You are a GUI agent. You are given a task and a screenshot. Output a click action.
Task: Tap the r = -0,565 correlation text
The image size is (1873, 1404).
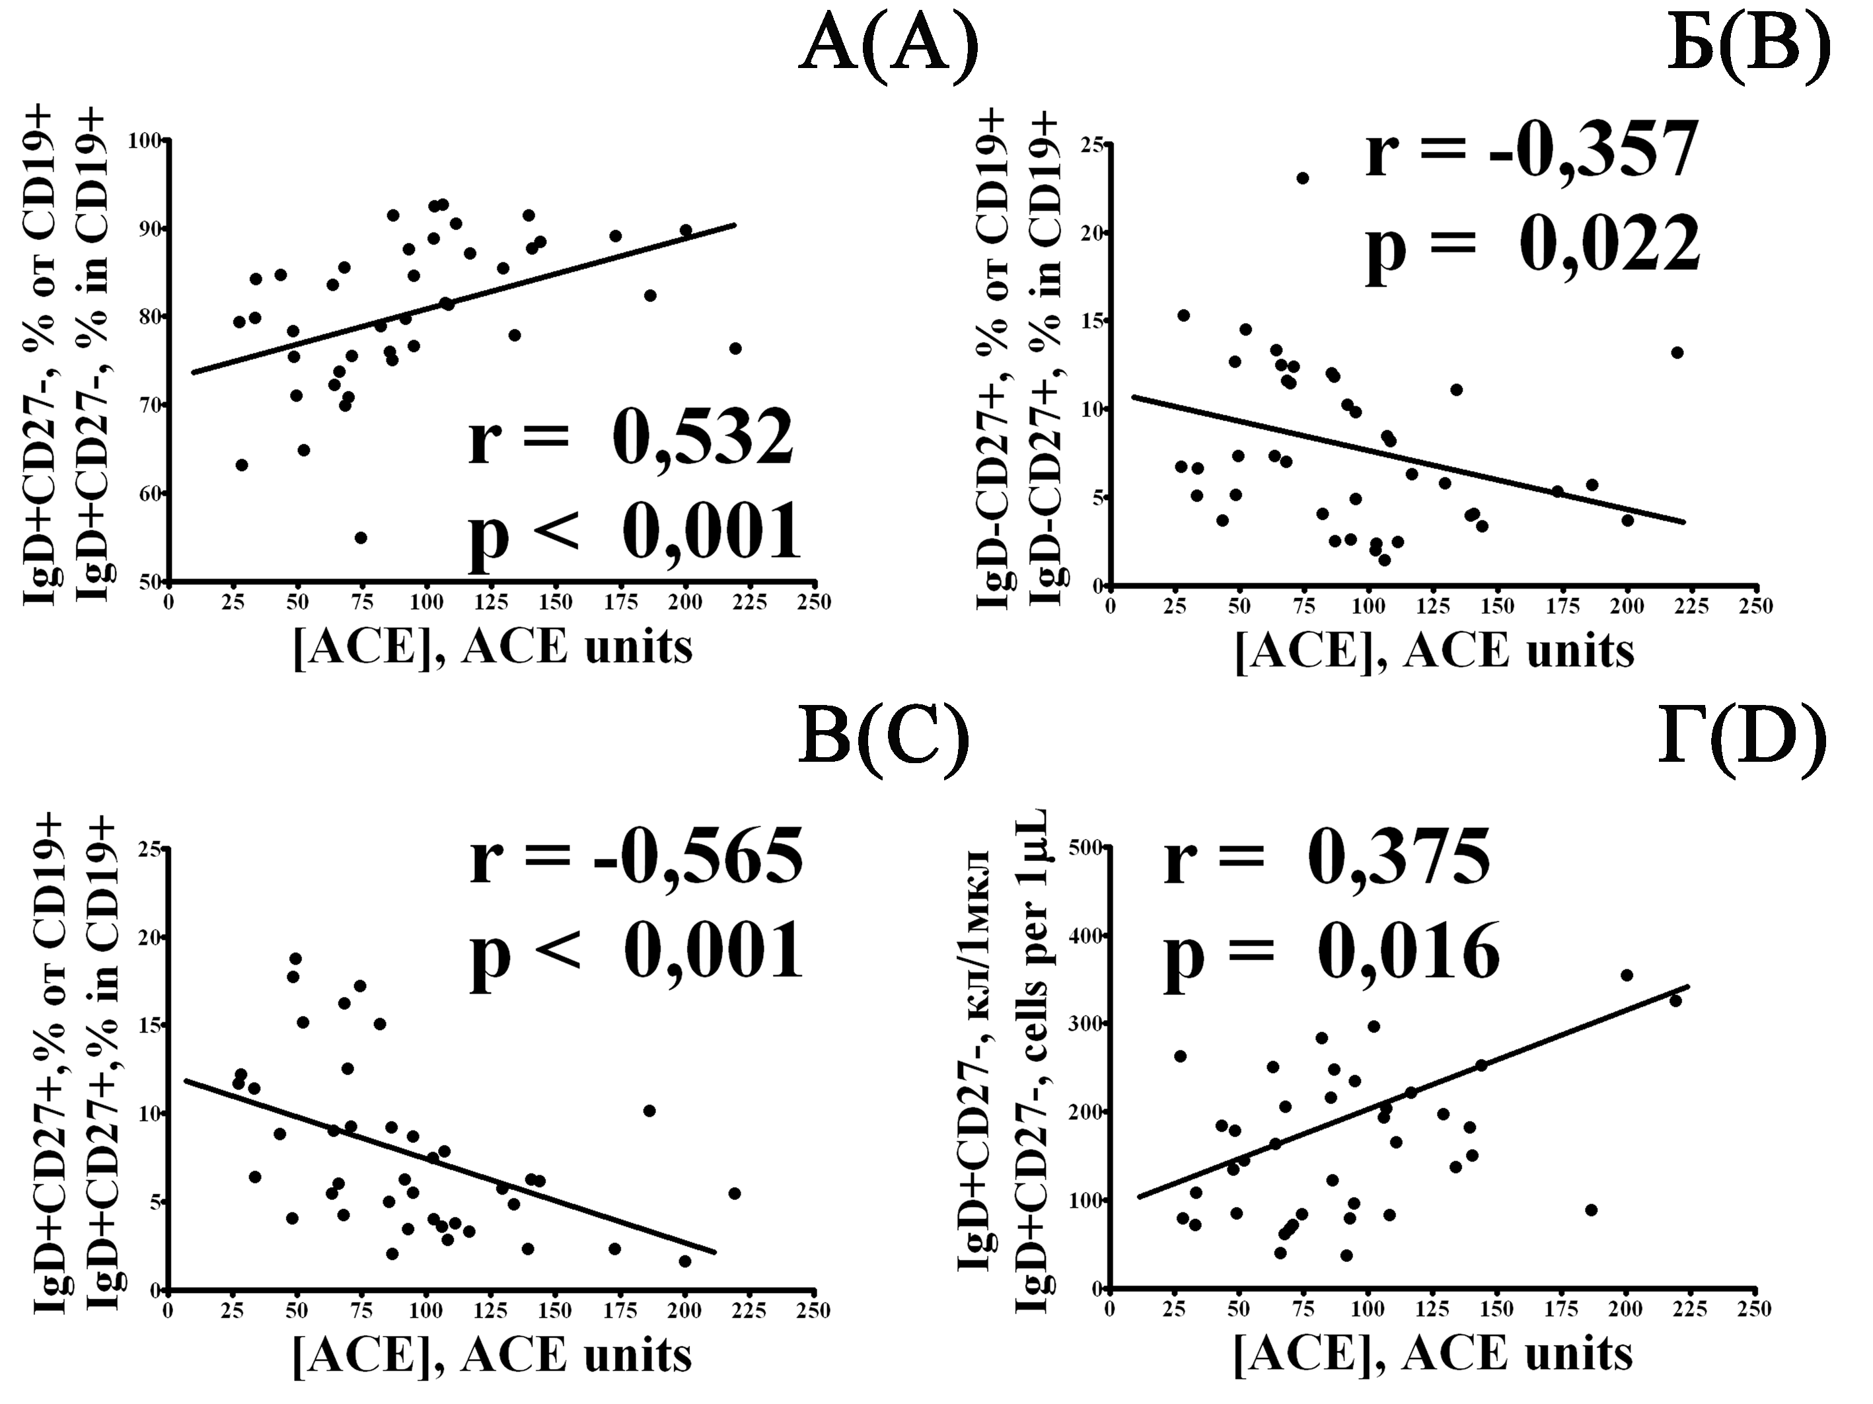637,857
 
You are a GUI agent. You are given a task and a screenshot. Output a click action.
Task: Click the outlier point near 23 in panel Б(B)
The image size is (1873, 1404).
1302,178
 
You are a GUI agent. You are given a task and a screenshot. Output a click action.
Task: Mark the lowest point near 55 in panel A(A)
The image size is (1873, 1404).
361,538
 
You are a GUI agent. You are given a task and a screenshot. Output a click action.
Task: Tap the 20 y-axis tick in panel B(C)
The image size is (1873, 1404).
150,938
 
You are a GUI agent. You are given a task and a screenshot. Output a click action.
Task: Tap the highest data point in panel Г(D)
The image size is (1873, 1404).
1627,975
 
